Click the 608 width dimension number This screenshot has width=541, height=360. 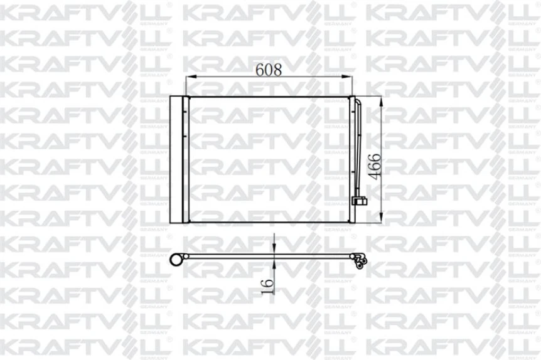(268, 69)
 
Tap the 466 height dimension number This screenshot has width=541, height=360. (374, 166)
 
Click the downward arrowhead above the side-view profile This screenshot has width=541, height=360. (274, 250)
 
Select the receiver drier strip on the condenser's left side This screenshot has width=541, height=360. (177, 159)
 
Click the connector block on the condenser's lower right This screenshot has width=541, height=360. (360, 201)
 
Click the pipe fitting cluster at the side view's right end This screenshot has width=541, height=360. (360, 260)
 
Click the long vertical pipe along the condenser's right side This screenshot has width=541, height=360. (360, 151)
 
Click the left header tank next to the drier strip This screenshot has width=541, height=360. (186, 159)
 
